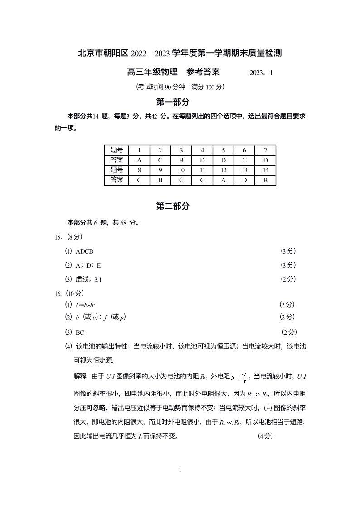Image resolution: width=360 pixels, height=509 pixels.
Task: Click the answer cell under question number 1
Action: point(139,160)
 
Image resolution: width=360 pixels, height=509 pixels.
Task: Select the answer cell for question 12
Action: point(224,180)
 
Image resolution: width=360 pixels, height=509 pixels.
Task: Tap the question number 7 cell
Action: point(266,150)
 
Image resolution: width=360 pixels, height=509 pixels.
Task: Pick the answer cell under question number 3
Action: point(181,160)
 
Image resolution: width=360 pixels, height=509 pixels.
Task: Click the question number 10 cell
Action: point(181,170)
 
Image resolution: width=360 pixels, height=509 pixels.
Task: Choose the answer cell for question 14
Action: point(266,180)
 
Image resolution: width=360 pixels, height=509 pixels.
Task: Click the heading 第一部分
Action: point(173,102)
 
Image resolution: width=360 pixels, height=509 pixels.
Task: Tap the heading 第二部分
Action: point(173,206)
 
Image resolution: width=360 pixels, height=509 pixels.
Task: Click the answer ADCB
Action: point(85,251)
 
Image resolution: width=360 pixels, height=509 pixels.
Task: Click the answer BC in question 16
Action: point(80,333)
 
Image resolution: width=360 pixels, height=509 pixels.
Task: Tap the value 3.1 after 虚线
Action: point(98,279)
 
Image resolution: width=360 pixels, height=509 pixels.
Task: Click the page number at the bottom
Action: point(180,470)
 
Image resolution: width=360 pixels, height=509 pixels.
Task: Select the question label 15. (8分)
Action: point(68,237)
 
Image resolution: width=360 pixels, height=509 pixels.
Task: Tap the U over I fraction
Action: point(244,376)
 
